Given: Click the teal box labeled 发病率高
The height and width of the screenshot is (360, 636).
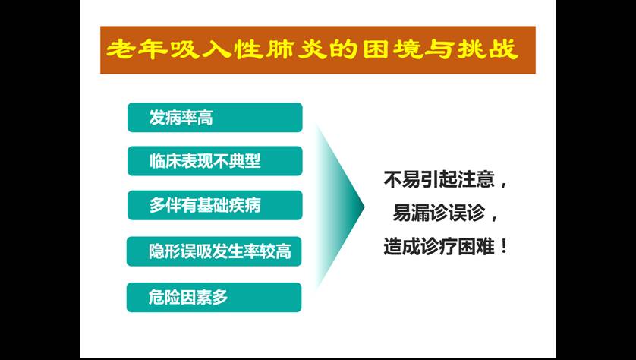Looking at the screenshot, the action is click(215, 117).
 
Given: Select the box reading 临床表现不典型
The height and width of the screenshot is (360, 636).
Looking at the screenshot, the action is click(215, 161).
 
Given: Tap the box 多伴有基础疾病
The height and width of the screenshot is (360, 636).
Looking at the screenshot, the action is click(215, 205).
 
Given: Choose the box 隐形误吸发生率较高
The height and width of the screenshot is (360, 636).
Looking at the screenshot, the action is click(214, 251).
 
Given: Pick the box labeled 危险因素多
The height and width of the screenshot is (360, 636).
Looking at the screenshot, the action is click(214, 297).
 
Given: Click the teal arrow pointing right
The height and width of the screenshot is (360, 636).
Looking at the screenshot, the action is click(340, 207).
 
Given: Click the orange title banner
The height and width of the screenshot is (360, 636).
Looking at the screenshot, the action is click(317, 50).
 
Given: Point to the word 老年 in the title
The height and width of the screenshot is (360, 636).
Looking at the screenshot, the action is click(137, 49).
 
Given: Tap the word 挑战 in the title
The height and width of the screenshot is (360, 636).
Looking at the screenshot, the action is click(488, 49).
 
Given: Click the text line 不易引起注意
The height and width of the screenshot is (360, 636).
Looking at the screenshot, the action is click(439, 179).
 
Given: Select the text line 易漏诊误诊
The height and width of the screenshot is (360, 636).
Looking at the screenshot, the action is click(439, 213).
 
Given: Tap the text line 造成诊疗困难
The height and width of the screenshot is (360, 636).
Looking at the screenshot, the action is click(439, 246).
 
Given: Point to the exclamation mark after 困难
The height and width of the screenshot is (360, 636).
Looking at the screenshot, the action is click(504, 246).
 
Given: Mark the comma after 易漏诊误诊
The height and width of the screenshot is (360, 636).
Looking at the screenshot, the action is click(494, 219).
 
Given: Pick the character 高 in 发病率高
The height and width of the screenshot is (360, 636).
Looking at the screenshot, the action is click(205, 118).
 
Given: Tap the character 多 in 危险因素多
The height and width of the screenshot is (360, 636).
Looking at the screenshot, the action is click(220, 298).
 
